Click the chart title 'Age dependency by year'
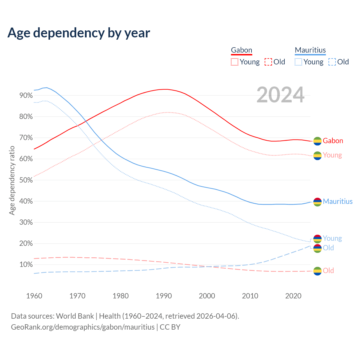coord(79,33)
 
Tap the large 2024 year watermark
coord(280,95)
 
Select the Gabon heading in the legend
coord(241,50)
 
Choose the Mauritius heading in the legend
coord(310,50)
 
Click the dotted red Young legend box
coord(234,62)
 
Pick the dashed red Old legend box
coord(268,62)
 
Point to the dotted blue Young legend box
coord(298,62)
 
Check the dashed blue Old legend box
coord(332,62)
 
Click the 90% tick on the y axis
coord(26,95)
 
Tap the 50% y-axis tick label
coord(26,180)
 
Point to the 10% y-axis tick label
coord(26,265)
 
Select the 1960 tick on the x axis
coord(34,296)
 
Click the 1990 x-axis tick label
coord(164,296)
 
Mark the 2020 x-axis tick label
coord(293,296)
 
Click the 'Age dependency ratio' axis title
coord(12,180)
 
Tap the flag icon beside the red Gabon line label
coord(317,141)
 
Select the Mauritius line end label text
coord(337,201)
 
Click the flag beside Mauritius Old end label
coord(317,248)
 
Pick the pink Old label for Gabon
coord(328,271)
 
